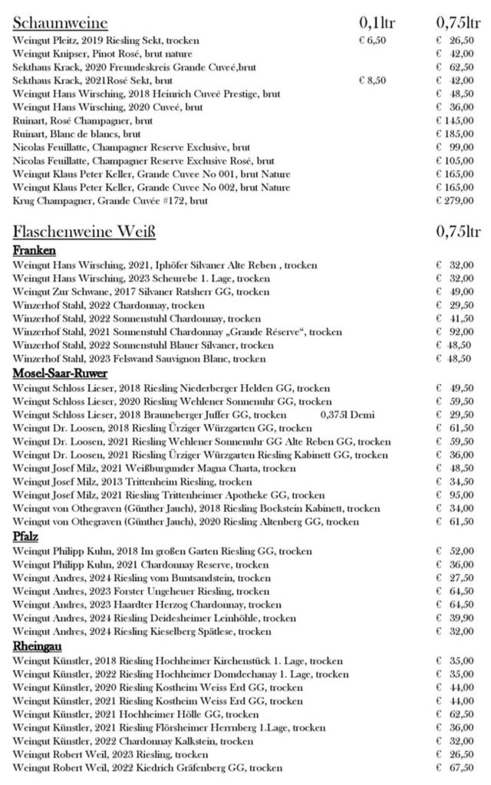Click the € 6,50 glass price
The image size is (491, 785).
pyautogui.click(x=372, y=40)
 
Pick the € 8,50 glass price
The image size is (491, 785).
pyautogui.click(x=372, y=80)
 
